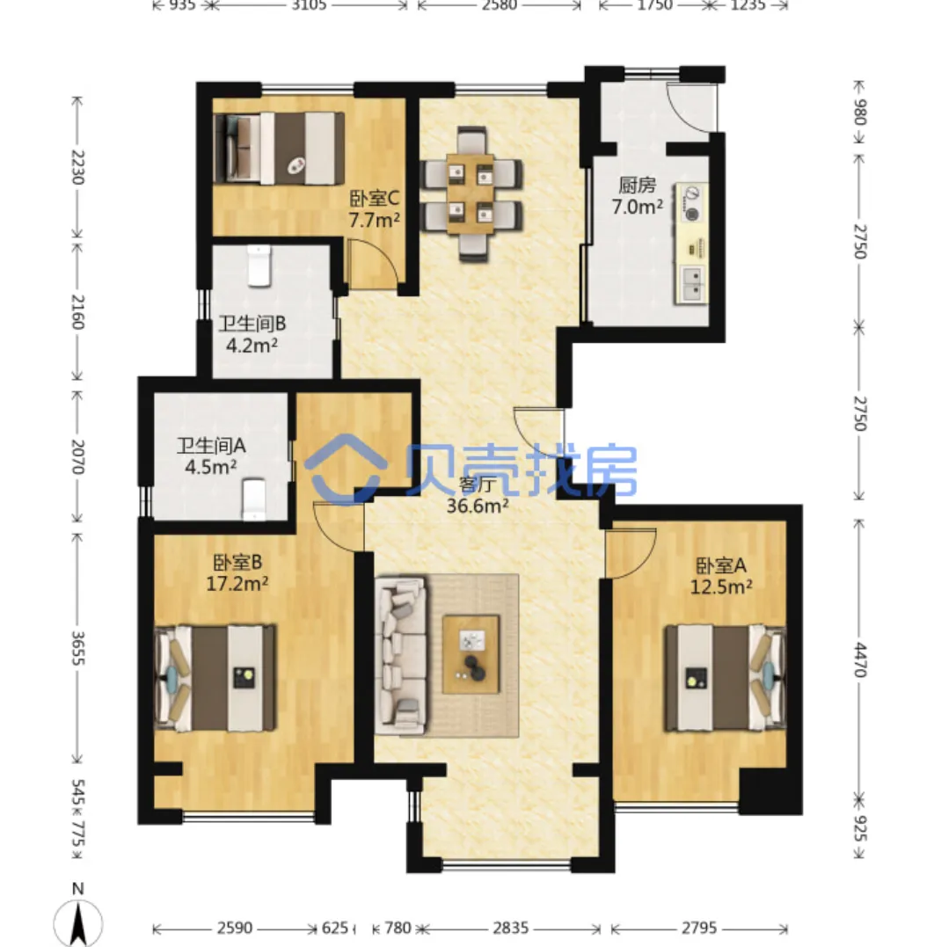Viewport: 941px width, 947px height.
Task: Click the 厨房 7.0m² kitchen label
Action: point(638,196)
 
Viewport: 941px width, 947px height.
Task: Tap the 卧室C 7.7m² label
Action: point(375,209)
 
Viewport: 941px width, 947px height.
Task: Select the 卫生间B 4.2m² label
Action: point(252,335)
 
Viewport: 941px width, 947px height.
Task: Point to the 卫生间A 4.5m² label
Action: point(211,456)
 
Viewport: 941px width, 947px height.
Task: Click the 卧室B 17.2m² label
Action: point(237,572)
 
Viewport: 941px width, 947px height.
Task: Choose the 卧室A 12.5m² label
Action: point(721,576)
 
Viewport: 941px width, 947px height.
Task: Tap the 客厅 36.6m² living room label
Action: point(478,495)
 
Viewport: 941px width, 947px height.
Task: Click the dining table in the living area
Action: point(470,193)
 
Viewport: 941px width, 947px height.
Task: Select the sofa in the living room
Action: point(400,655)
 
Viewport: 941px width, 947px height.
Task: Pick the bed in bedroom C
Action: point(279,148)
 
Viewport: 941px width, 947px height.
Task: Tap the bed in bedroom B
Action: point(215,678)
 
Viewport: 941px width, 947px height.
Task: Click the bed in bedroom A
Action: point(726,678)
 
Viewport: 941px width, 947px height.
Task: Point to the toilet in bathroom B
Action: point(259,266)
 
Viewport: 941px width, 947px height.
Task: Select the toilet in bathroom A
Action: point(253,499)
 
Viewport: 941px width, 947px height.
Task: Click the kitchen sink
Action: point(693,284)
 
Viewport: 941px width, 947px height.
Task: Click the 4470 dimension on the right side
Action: point(860,659)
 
